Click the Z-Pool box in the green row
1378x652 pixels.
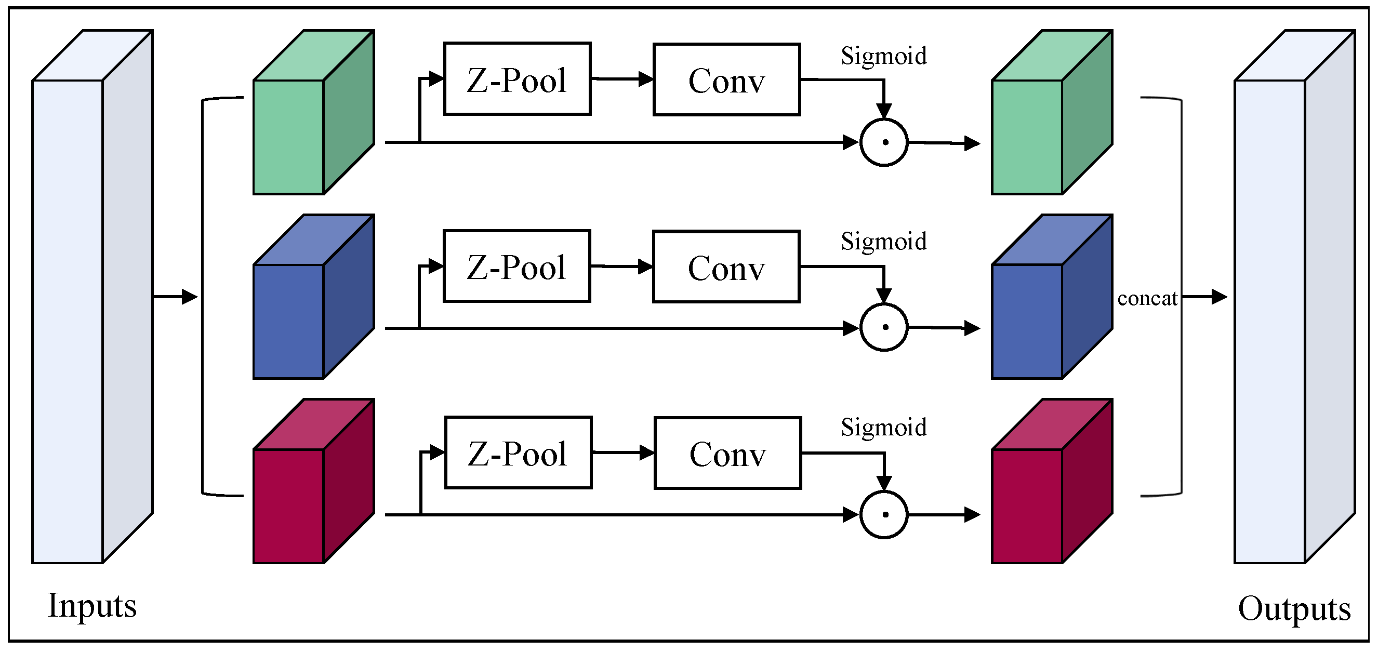(x=516, y=78)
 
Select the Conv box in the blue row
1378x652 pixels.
(x=726, y=267)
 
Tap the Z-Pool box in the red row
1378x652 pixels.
(x=518, y=452)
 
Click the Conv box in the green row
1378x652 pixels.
(x=726, y=79)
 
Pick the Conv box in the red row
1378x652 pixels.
(x=727, y=453)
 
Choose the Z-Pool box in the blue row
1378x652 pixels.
(x=516, y=266)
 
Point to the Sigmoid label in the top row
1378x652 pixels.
(x=883, y=56)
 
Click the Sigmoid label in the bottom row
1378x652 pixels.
(x=883, y=427)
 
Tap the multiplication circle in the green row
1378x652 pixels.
(x=884, y=142)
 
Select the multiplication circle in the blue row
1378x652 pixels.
(x=884, y=327)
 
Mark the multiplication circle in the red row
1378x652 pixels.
(x=884, y=514)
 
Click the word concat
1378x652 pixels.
(x=1147, y=298)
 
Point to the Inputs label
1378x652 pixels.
(x=92, y=605)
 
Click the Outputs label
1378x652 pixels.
(x=1293, y=609)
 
